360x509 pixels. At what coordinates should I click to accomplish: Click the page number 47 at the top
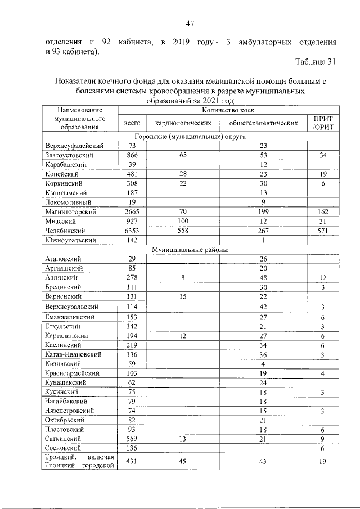[190, 23]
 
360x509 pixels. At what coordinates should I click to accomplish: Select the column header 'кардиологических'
[183, 123]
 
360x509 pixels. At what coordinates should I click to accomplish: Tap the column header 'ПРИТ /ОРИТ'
[323, 123]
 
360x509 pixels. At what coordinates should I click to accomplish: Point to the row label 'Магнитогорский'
[71, 211]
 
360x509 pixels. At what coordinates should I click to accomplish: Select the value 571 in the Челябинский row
[323, 231]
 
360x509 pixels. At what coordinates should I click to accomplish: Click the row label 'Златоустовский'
[70, 155]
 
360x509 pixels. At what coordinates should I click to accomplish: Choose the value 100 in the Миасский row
[183, 221]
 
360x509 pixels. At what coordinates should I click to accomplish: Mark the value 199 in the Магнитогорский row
[263, 211]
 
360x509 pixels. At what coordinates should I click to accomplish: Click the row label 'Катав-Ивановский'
[73, 354]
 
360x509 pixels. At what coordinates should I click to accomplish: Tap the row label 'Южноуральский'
[71, 240]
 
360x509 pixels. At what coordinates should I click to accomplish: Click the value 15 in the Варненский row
[183, 296]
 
